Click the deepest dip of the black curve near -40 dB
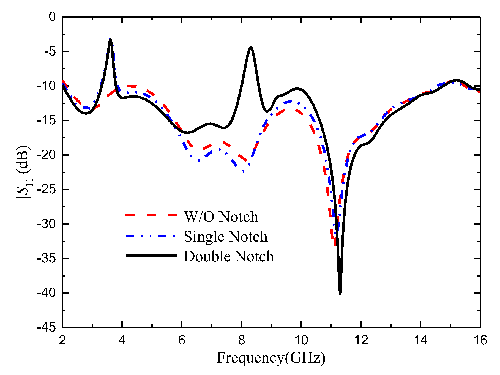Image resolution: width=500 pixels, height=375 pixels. point(340,294)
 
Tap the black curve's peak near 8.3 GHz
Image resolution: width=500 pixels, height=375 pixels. point(251,48)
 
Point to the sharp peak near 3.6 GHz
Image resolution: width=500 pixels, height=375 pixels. point(110,39)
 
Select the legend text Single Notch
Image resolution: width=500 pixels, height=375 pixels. point(225,236)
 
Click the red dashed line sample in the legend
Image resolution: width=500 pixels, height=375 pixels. point(151,215)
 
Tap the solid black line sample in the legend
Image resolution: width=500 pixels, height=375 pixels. point(151,256)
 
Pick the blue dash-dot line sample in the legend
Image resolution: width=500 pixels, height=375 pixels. point(151,236)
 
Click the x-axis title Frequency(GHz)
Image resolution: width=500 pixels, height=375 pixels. point(271,358)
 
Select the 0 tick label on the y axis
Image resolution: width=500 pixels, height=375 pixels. point(52,17)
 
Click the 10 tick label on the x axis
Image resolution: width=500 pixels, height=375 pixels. point(301,340)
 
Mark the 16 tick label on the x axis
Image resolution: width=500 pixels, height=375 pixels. point(480,340)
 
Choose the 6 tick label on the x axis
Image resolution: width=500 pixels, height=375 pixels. point(182,340)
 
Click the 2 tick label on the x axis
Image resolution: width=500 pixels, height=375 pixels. point(62,340)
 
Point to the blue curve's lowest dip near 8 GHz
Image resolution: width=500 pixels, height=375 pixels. point(243,171)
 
